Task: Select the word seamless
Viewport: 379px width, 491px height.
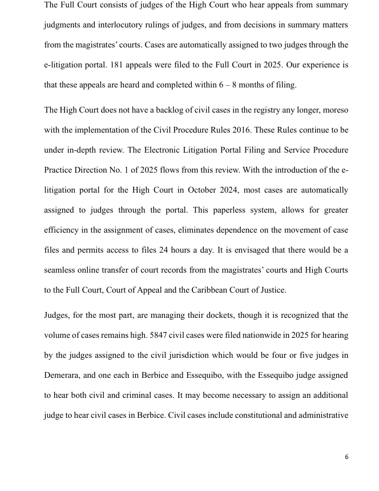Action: click(62, 270)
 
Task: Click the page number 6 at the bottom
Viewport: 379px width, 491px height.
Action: click(346, 457)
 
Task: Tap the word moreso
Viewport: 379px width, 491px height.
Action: click(333, 110)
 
